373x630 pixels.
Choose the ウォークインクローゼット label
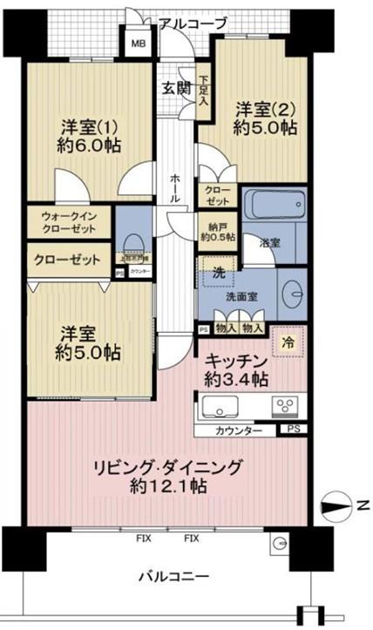click(68, 222)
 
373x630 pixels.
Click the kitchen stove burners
click(287, 405)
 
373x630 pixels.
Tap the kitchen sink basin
click(220, 407)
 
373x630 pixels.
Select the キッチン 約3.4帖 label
click(236, 369)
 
